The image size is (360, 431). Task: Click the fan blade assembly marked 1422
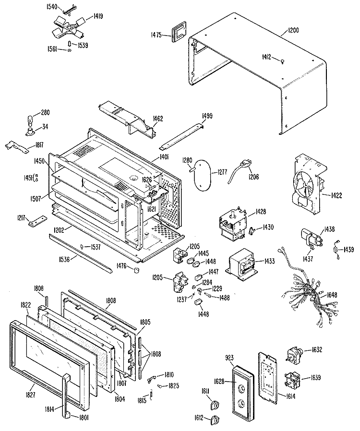pos(303,184)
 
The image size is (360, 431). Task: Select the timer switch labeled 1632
pos(294,357)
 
